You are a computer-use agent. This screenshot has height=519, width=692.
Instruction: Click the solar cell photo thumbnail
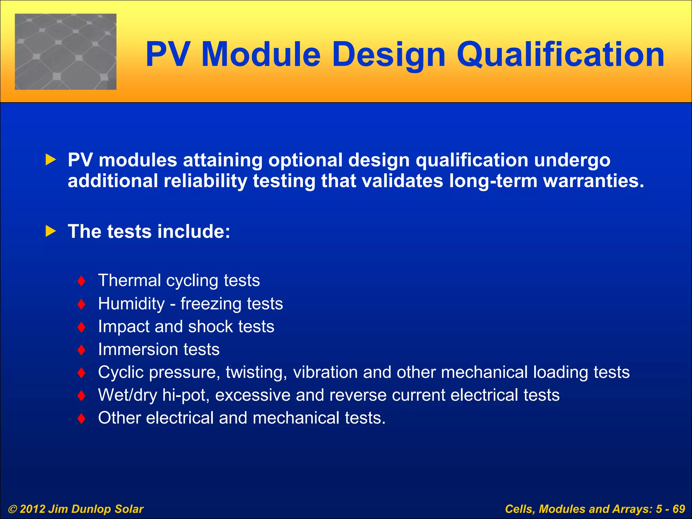coord(66,52)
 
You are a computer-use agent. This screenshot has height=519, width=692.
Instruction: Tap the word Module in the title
coord(261,55)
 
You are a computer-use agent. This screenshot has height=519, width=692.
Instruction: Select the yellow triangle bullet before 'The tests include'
coord(51,231)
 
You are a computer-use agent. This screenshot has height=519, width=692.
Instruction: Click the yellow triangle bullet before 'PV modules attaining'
coord(51,159)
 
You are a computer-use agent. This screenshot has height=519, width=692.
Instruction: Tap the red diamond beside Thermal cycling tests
coord(81,281)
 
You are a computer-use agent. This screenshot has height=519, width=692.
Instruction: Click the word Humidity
coord(131,303)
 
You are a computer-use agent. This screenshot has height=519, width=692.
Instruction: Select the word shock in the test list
coord(210,326)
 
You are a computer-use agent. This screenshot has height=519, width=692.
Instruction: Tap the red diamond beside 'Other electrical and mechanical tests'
coord(81,419)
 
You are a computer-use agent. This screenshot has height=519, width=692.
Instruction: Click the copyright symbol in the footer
coord(12,509)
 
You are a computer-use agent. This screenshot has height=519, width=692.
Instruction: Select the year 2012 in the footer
coord(32,509)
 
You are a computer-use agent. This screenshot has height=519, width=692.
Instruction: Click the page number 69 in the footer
coord(678,509)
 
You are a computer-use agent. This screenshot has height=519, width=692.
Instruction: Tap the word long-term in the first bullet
coord(493,181)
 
